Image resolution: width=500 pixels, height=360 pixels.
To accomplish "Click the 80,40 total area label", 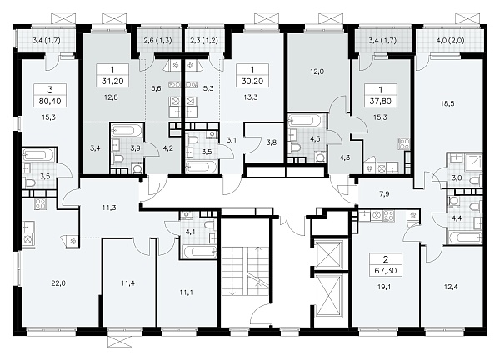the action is coord(50,102).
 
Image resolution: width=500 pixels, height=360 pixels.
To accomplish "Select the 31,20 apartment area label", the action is coord(112,82).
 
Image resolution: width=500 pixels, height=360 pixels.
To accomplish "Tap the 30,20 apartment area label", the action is coord(252,82).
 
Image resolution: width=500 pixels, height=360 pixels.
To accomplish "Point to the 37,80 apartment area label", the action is coord(380,102).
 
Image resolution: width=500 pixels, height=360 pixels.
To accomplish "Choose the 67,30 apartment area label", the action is coord(386,271).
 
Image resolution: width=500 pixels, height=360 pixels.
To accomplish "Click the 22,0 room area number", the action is coord(58,282).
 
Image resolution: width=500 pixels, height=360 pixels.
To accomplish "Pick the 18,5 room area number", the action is coord(447,103).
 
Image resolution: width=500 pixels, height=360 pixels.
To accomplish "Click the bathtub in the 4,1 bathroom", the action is coord(199,252).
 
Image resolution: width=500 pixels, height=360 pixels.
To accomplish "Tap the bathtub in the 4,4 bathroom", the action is coord(465,237).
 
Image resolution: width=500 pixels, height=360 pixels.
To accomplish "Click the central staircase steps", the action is coord(246,270).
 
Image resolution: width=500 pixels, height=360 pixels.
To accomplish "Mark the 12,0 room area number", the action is coord(317,72).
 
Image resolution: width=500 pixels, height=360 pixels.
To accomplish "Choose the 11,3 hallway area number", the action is coord(109,207).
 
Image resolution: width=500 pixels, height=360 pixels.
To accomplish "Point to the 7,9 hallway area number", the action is coord(384,194).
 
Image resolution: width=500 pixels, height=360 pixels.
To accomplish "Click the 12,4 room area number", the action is coord(450,287).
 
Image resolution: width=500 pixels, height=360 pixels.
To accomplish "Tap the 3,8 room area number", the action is coord(271,142).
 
